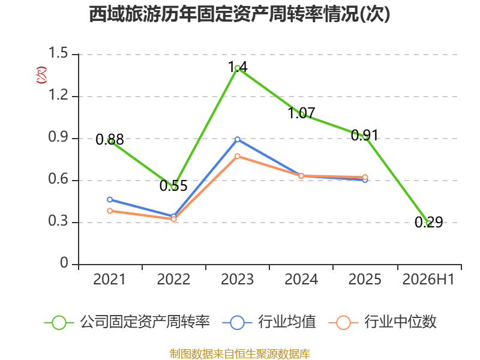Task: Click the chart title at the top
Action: [x=239, y=14]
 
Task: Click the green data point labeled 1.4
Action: [x=238, y=68]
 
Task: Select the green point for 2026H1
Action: [x=429, y=223]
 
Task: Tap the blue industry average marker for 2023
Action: [x=238, y=139]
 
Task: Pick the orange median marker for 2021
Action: [x=110, y=211]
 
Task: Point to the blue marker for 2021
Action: [x=110, y=200]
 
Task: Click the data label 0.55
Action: [x=173, y=186]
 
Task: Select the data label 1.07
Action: [x=302, y=113]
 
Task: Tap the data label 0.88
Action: [x=110, y=140]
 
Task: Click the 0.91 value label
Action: [x=365, y=135]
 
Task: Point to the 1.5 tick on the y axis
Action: [x=58, y=53]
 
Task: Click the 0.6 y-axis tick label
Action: [x=58, y=179]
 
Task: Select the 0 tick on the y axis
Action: [x=64, y=263]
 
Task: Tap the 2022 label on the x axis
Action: [x=173, y=280]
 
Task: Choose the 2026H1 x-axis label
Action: [x=428, y=280]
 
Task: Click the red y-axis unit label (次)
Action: [x=41, y=75]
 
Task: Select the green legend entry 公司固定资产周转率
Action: [x=127, y=322]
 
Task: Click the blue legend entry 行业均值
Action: [x=269, y=322]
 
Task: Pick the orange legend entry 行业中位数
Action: [x=382, y=322]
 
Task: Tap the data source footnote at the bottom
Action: [x=240, y=354]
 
